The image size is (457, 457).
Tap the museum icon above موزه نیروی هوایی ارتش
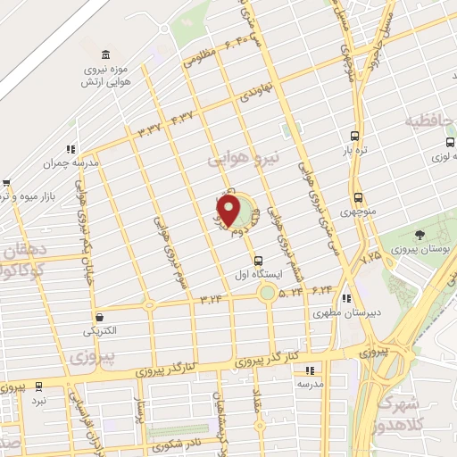pyautogui.click(x=106, y=55)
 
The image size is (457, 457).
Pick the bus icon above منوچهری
pyautogui.click(x=358, y=198)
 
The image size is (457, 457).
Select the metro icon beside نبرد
pyautogui.click(x=38, y=386)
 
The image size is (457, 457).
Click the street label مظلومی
pyautogui.click(x=199, y=59)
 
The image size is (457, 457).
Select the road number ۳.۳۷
pyautogui.click(x=149, y=129)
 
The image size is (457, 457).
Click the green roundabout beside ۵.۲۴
pyautogui.click(x=267, y=292)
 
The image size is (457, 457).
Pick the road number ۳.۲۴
pyautogui.click(x=212, y=297)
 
